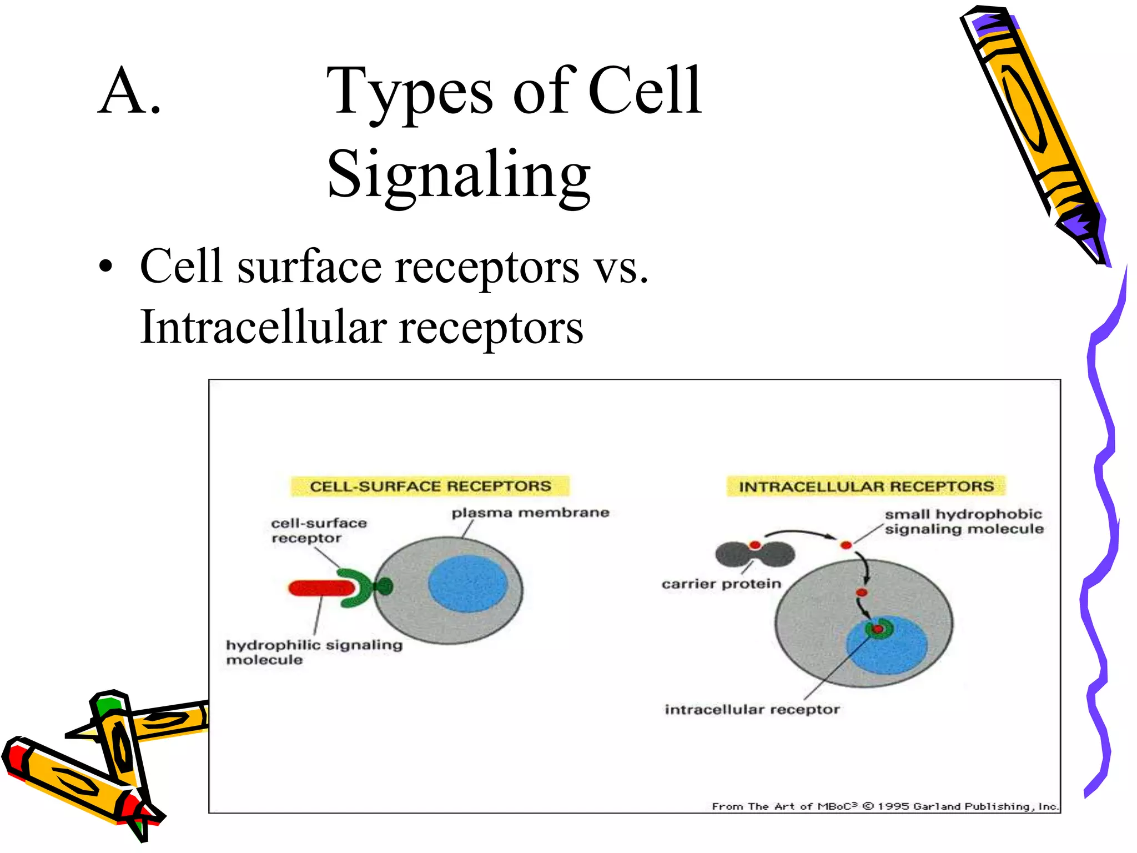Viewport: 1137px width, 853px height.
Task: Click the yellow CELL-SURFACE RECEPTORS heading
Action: [430, 486]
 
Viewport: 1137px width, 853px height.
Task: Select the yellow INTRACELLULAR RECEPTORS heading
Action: [866, 486]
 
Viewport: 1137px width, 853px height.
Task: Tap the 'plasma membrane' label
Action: [530, 513]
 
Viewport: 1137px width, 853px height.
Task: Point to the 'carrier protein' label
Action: [721, 584]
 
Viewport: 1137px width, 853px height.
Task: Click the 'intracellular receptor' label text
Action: [752, 709]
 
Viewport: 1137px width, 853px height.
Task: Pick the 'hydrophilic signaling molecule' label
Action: [314, 651]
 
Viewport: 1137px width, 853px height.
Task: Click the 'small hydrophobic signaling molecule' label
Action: [963, 521]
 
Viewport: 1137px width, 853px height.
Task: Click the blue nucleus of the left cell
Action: [467, 584]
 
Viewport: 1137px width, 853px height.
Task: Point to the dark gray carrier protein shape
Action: [755, 555]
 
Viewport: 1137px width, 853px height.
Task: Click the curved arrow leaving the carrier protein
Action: [799, 533]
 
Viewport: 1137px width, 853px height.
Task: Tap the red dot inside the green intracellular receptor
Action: [878, 629]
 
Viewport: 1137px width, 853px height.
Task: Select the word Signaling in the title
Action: [459, 175]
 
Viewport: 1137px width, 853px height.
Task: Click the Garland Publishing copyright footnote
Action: [885, 806]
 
